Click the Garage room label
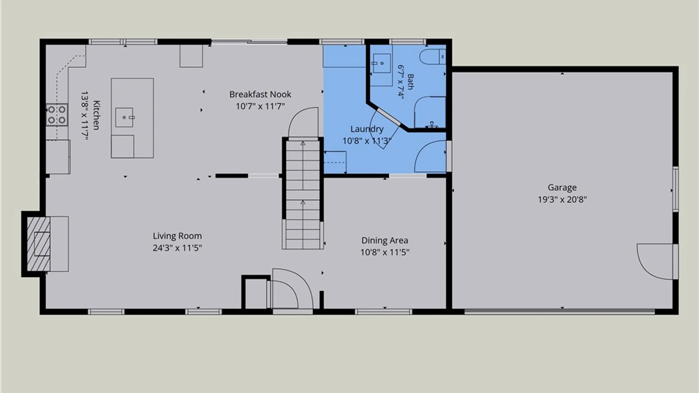click(x=562, y=188)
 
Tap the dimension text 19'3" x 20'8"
click(x=562, y=199)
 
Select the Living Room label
click(x=177, y=236)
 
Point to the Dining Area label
click(x=385, y=241)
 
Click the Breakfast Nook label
click(x=260, y=95)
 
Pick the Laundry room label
click(x=367, y=129)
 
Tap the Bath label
click(x=411, y=82)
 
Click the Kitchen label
click(x=96, y=115)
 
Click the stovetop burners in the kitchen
click(x=57, y=115)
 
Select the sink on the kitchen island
click(x=125, y=117)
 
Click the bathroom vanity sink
click(x=382, y=63)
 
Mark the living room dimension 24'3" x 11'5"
click(x=177, y=248)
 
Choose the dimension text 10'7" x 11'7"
click(x=260, y=107)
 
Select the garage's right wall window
click(x=675, y=189)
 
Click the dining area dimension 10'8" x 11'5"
click(x=385, y=253)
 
